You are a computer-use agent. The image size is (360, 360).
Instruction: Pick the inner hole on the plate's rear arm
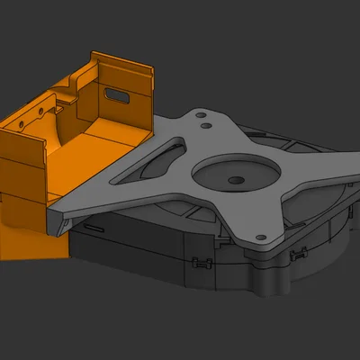(210, 127)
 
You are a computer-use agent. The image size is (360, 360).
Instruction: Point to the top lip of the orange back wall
(126, 60)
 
